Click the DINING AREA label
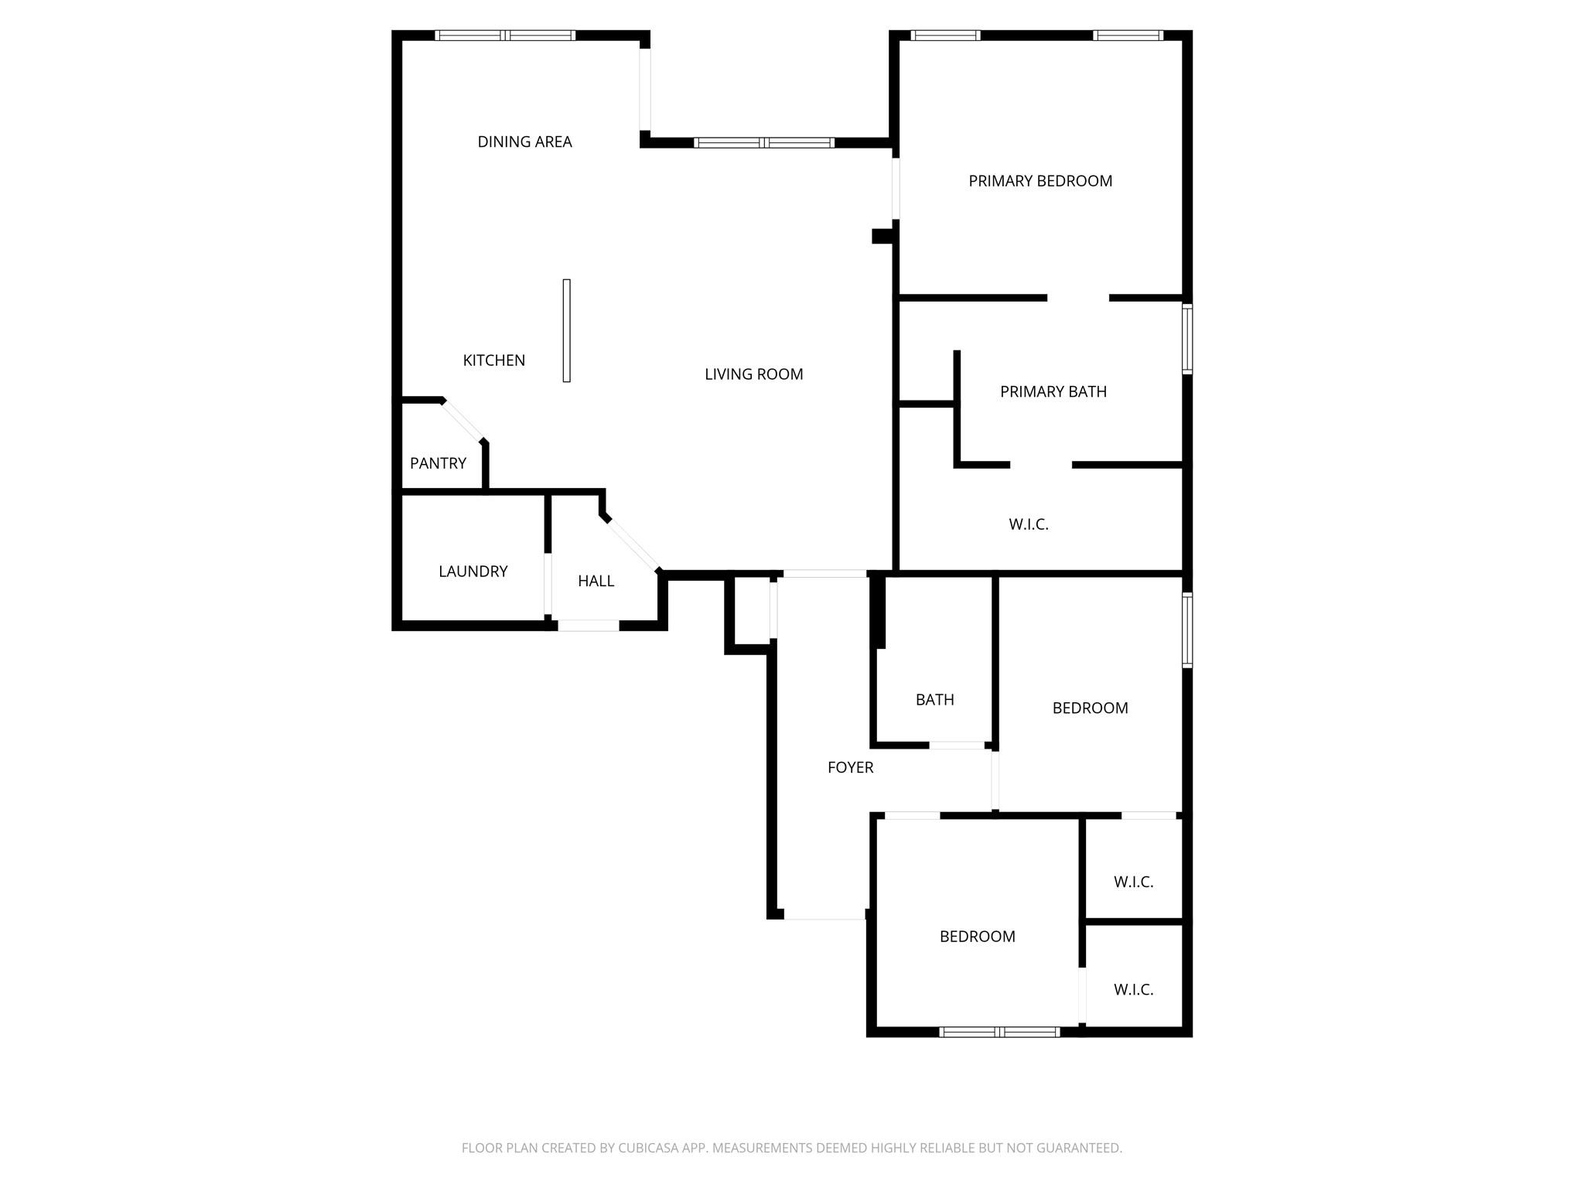[524, 142]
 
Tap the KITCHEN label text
[493, 360]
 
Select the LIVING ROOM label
[753, 374]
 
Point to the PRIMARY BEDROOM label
[1040, 181]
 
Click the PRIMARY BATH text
[1053, 391]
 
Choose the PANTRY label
[438, 463]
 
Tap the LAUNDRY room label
[473, 572]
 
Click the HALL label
[596, 581]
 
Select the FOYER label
[850, 767]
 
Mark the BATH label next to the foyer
[934, 700]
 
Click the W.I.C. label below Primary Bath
[1028, 524]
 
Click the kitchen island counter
[566, 330]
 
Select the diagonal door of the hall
[633, 545]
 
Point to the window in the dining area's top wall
[505, 36]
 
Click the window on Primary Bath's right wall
[1187, 339]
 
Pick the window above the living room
[764, 142]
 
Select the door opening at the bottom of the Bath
[957, 746]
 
